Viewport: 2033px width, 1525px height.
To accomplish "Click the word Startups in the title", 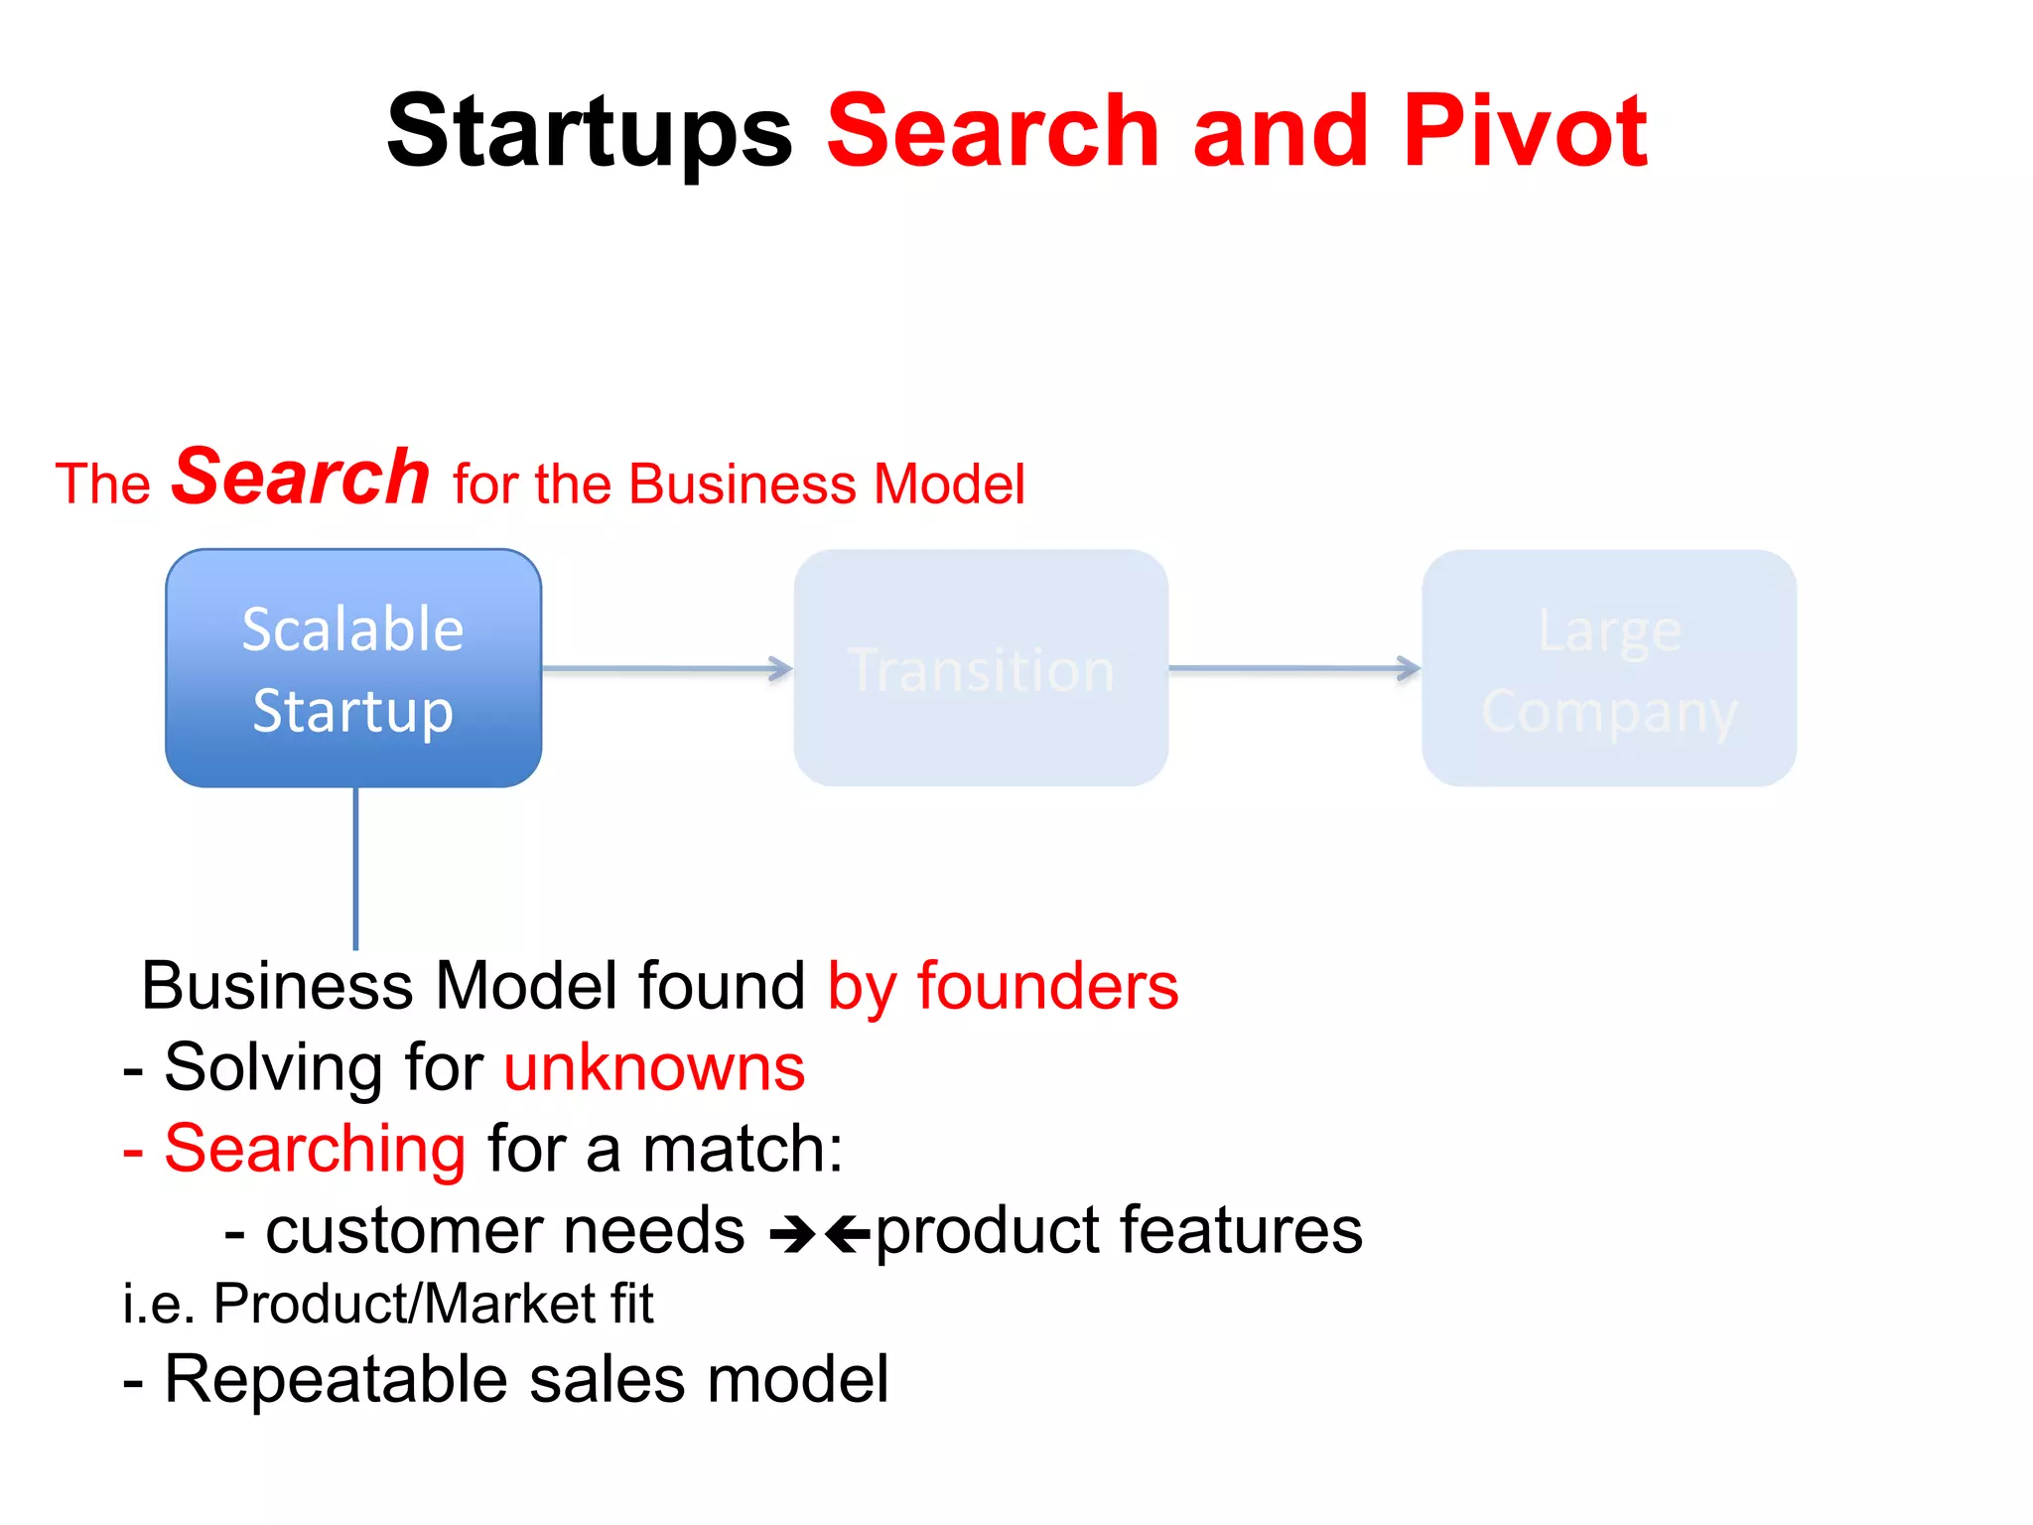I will point(590,132).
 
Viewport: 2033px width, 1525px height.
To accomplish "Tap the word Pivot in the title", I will point(1525,130).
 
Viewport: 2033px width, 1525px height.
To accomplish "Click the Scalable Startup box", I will point(353,668).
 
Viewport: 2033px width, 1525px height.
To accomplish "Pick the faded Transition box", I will point(981,668).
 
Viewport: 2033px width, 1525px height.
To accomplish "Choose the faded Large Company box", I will point(1609,668).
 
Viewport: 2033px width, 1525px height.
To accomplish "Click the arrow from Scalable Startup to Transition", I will point(667,668).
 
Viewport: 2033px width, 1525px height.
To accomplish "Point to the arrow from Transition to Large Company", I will point(1294,668).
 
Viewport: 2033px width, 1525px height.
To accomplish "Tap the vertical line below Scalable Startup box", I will point(355,868).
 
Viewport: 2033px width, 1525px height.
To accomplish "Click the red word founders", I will point(1047,986).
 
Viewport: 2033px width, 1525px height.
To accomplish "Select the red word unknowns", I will point(654,1068).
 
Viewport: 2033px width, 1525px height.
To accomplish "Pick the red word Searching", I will point(315,1149).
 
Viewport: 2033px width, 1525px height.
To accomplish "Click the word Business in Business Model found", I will point(277,986).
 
